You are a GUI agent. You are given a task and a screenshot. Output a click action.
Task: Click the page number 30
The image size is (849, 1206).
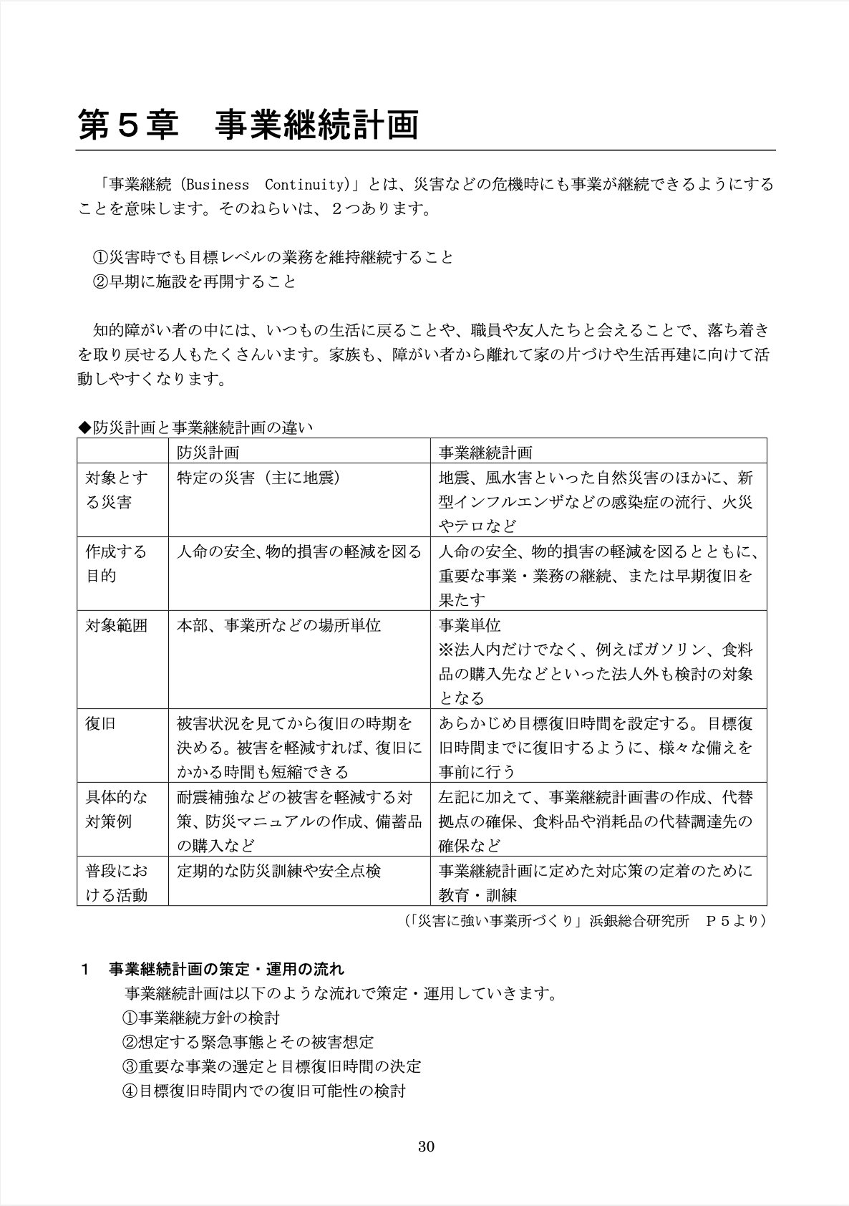426,1147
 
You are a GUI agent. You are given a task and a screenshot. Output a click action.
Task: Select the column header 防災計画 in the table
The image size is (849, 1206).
208,453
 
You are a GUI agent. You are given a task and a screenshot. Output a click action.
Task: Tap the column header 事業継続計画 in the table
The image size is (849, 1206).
485,453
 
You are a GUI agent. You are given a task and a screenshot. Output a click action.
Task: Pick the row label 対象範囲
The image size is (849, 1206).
116,626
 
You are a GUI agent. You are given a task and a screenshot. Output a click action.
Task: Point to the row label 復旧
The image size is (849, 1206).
100,723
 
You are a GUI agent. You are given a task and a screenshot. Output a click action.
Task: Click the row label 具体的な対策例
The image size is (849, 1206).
116,809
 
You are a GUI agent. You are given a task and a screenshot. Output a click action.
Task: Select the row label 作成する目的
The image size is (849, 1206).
116,564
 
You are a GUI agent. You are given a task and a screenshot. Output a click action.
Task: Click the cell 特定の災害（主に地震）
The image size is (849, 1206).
258,478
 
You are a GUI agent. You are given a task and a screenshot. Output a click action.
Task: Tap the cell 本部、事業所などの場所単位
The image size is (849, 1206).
278,626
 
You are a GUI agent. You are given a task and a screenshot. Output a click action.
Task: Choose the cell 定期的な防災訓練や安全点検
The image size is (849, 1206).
278,871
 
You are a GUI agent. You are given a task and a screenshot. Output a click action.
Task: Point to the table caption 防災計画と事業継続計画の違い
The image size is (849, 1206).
195,428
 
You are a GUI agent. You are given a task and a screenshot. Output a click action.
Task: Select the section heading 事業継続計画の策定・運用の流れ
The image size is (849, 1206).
225,970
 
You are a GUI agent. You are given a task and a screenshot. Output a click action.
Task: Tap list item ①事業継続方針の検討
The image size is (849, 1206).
200,1018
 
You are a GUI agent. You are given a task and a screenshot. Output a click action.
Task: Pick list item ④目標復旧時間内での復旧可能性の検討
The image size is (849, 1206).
263,1091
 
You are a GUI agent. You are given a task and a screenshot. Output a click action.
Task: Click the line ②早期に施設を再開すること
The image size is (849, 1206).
194,281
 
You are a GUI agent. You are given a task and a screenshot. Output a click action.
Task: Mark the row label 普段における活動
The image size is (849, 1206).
116,883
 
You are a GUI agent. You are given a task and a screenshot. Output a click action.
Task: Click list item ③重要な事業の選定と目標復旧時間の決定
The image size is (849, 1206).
271,1066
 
